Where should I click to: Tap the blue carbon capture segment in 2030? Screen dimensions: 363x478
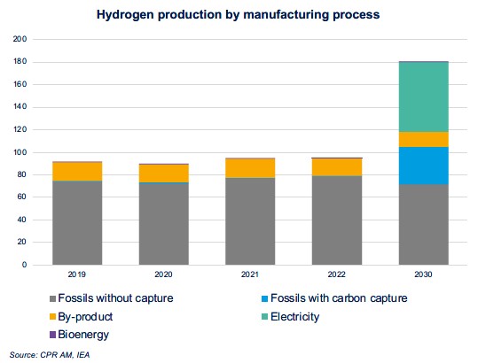point(423,165)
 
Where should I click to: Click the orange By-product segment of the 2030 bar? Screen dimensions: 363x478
point(423,139)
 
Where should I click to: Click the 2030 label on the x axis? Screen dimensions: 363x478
point(423,276)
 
